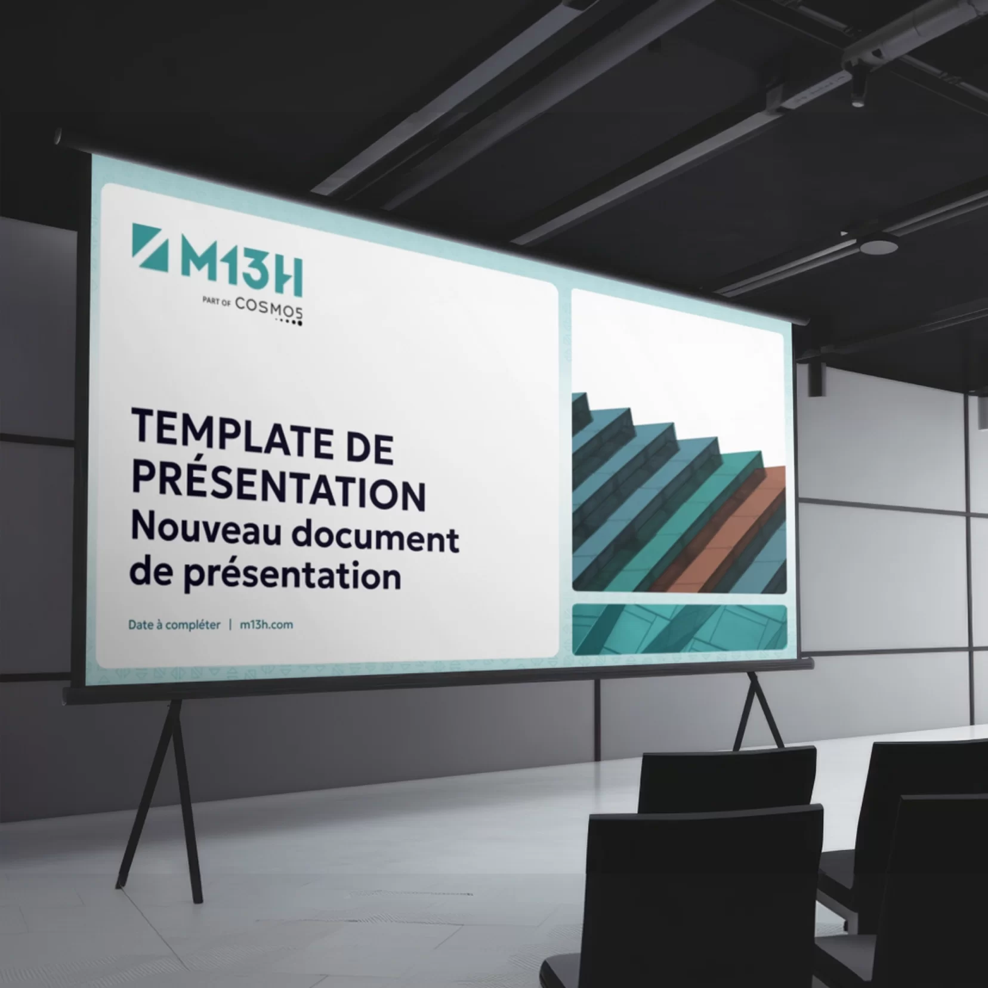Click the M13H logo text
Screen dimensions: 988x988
[x=242, y=267]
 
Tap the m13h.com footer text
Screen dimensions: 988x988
[x=266, y=625]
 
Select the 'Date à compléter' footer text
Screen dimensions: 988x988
[x=174, y=625]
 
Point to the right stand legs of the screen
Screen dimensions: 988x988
[x=758, y=710]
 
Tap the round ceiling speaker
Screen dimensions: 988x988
[x=878, y=243]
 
